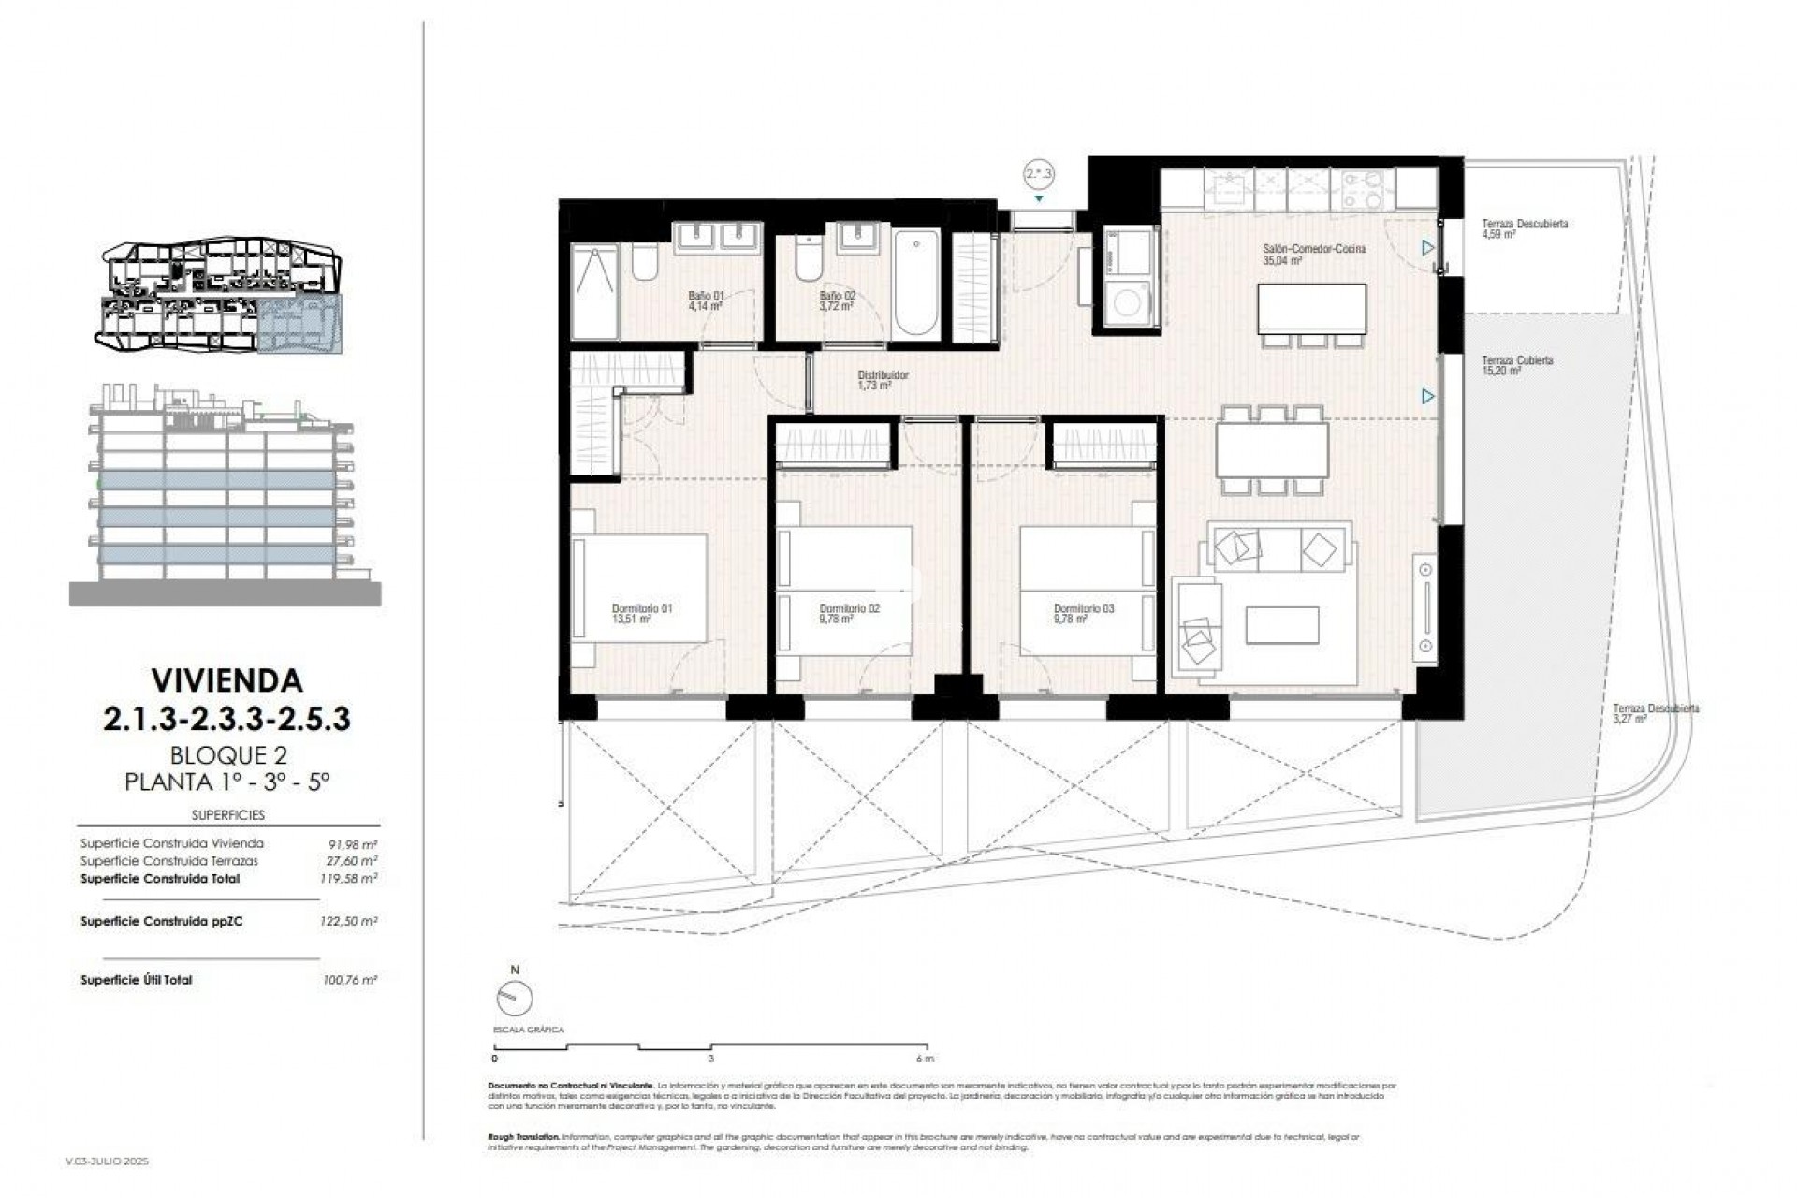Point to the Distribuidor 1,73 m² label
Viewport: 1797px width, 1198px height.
(883, 379)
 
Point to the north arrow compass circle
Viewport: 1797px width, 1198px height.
(514, 999)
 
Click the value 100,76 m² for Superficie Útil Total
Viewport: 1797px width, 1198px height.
(348, 980)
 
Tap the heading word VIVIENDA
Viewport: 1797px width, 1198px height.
(226, 679)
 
